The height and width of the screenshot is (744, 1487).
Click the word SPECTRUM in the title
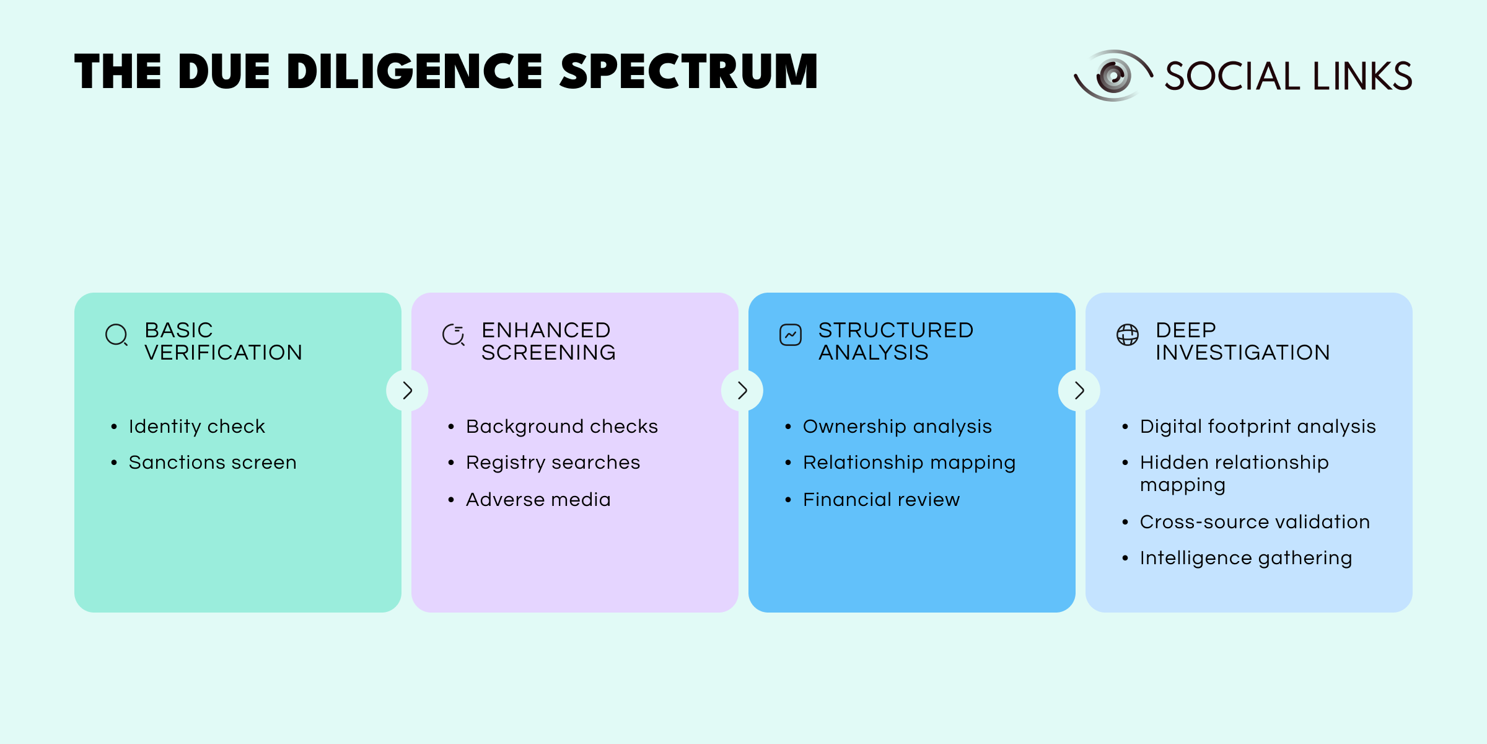click(689, 72)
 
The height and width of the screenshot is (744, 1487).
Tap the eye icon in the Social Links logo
click(1113, 76)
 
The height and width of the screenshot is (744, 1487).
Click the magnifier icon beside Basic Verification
click(116, 335)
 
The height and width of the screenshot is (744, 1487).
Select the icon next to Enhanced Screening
click(454, 335)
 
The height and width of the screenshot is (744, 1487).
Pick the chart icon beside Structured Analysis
click(791, 335)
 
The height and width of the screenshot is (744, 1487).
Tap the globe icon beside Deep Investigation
click(1128, 335)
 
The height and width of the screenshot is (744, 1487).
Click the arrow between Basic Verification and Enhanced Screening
click(407, 391)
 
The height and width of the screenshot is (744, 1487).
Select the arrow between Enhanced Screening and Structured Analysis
click(742, 391)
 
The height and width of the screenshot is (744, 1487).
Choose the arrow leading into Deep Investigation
click(1079, 391)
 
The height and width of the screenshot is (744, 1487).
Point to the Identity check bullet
click(197, 427)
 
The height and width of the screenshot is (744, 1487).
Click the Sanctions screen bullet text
click(213, 463)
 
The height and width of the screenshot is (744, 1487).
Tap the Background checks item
click(561, 427)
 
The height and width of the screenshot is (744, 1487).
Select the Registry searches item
click(553, 463)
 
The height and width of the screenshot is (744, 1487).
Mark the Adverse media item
click(538, 500)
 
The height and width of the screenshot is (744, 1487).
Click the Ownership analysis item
click(897, 427)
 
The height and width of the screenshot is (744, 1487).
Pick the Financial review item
click(881, 500)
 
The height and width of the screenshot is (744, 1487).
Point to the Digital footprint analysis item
click(1258, 427)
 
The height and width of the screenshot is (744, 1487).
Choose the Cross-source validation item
click(1255, 522)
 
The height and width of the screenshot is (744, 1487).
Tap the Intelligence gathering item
click(1246, 558)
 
